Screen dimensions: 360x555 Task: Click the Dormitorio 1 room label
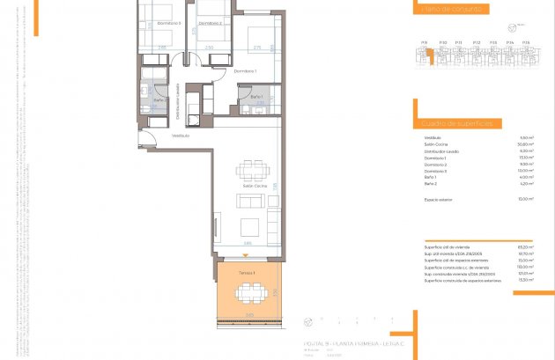point(245,70)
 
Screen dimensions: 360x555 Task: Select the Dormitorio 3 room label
point(168,23)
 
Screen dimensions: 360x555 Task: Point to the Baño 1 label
point(256,96)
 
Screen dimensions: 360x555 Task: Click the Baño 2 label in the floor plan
point(160,99)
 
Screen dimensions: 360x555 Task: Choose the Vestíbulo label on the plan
point(181,136)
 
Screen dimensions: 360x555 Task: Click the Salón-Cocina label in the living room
point(255,187)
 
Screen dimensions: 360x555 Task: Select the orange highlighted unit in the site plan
point(429,55)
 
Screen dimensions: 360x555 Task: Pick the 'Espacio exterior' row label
point(438,200)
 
